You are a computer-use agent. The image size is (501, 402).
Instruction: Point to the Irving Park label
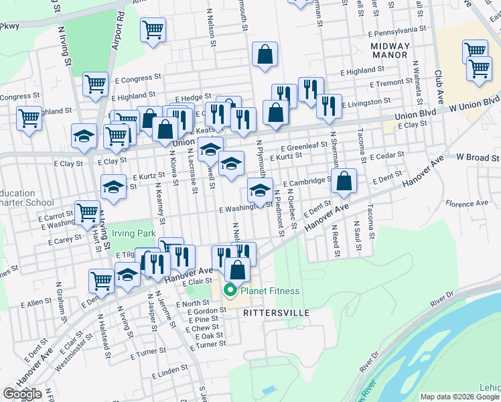click(133, 233)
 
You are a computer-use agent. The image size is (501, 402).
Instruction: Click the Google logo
click(22, 394)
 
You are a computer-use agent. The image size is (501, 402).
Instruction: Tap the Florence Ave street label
click(468, 203)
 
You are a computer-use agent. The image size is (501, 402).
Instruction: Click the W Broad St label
click(478, 158)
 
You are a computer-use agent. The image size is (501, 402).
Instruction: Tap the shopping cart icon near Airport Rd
click(153, 29)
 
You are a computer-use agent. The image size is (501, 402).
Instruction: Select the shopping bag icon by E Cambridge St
click(343, 181)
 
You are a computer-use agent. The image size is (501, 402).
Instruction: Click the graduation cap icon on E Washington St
click(260, 191)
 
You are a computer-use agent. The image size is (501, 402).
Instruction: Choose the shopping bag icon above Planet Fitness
click(236, 270)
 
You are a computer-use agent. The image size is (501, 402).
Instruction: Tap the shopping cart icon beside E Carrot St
click(88, 212)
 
